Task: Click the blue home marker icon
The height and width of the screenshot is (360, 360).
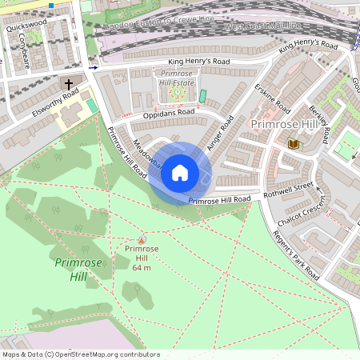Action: pyautogui.click(x=180, y=172)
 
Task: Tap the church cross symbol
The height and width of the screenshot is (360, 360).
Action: pyautogui.click(x=69, y=84)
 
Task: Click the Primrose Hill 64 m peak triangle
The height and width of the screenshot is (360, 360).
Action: pyautogui.click(x=142, y=239)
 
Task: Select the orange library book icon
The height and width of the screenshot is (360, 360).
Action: pyautogui.click(x=292, y=143)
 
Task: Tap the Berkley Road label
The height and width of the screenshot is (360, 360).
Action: pyautogui.click(x=318, y=125)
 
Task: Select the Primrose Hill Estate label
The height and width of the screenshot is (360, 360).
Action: pyautogui.click(x=175, y=78)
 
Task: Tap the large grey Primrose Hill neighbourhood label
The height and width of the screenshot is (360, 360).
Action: pyautogui.click(x=284, y=125)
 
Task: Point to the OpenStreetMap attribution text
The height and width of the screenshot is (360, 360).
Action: pyautogui.click(x=80, y=354)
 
